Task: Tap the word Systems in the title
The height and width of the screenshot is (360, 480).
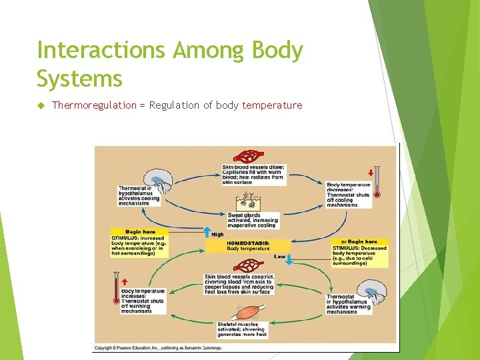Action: point(80,79)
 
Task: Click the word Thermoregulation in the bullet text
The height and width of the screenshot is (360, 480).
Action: point(94,105)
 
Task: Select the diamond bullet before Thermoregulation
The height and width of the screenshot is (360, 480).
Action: point(40,105)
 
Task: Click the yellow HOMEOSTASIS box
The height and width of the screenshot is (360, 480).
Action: point(248,246)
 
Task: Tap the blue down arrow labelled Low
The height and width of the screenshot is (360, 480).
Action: point(289,259)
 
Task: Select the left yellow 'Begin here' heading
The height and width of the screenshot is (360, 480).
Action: point(139,232)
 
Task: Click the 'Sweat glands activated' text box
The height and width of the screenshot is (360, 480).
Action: point(251,220)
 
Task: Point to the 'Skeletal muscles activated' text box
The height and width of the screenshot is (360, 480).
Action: point(241,329)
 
